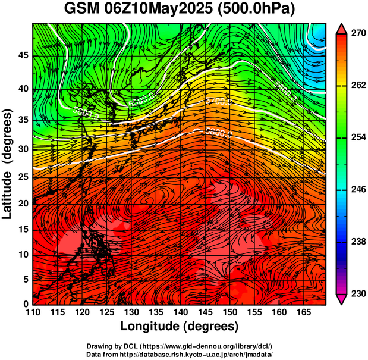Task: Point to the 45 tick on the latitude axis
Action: [x=23, y=56]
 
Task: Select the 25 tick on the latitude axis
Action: [x=23, y=177]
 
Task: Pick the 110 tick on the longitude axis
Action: [x=33, y=312]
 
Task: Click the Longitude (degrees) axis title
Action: [x=179, y=327]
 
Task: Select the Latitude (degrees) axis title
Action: [x=8, y=164]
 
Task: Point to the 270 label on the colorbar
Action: [x=358, y=34]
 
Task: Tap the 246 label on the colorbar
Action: [x=358, y=190]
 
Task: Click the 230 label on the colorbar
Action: [x=358, y=294]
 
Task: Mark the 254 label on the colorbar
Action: [x=358, y=138]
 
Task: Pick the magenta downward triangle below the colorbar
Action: [x=342, y=299]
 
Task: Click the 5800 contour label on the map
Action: [x=218, y=132]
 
